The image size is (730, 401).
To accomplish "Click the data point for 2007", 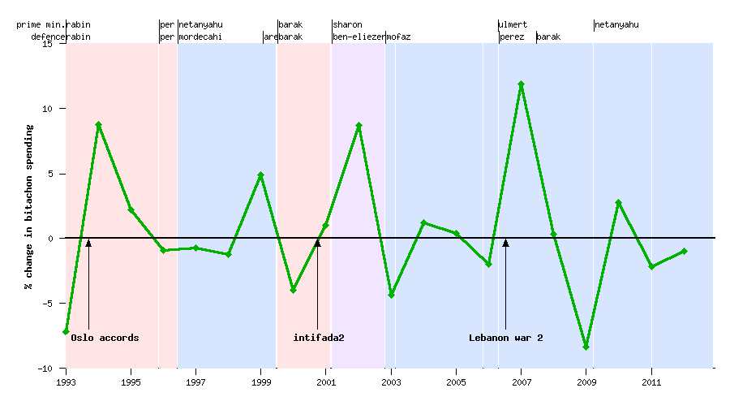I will coord(521,84).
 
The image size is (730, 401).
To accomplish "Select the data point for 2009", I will coord(586,347).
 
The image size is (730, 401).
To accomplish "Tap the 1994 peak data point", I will coord(98,125).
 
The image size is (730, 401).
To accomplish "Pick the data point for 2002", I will coord(359,126).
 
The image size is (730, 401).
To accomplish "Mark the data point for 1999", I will coord(260,175).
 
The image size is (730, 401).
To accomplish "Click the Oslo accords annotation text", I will coord(105,338).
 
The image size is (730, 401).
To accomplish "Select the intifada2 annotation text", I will coord(319,338).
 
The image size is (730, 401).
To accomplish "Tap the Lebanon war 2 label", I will coord(505,338).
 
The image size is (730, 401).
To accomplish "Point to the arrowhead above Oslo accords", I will coord(88,242).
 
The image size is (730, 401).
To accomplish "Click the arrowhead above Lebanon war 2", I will coord(505,242).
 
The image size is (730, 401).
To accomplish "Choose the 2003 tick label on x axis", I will coord(391,381).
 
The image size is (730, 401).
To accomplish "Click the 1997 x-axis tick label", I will coord(195,381).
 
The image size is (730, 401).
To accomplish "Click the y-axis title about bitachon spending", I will coord(28,207).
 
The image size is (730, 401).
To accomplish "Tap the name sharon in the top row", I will coord(347,25).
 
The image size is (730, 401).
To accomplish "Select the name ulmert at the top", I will coord(513,25).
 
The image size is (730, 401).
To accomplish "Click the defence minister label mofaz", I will coord(398,37).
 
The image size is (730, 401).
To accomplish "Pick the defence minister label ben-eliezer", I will coord(358,37).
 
